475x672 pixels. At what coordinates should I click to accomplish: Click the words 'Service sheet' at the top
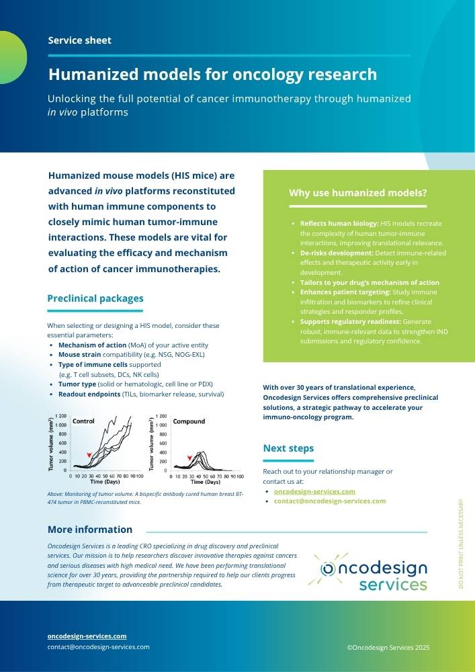point(79,40)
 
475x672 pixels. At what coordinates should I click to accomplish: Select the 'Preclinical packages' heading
point(95,298)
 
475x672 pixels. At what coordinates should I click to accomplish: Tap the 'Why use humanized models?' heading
point(357,194)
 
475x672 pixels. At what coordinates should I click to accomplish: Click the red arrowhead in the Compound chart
point(190,458)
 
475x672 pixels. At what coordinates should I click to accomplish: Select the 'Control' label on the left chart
point(83,421)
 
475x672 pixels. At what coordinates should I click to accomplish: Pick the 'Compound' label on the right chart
point(189,421)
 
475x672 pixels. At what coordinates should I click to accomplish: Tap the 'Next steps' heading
point(288,448)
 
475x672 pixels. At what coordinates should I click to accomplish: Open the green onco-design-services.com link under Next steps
point(314,491)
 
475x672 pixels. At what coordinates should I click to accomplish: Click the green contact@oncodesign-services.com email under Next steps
point(329,501)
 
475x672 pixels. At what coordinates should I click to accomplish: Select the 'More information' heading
point(90,530)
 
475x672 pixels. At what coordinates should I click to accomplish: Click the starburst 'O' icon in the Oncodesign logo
point(329,569)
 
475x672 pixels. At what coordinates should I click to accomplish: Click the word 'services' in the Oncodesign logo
point(393,585)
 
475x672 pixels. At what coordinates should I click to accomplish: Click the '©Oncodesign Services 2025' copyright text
point(388,648)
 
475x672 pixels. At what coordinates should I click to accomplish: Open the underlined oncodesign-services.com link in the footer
point(87,636)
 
